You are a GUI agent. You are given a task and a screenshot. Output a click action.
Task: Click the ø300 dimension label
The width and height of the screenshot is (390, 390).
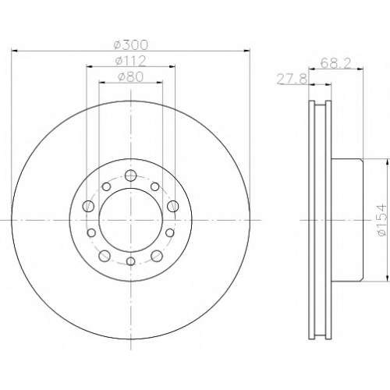pyautogui.click(x=131, y=44)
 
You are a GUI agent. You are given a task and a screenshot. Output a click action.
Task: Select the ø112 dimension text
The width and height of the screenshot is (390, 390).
pyautogui.click(x=131, y=62)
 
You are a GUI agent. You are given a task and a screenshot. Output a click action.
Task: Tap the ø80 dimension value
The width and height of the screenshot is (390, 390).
pyautogui.click(x=131, y=77)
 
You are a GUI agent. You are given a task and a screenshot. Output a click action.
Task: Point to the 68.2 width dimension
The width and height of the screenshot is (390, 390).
pyautogui.click(x=335, y=63)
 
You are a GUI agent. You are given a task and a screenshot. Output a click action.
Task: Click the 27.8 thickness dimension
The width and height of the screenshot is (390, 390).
pyautogui.click(x=292, y=79)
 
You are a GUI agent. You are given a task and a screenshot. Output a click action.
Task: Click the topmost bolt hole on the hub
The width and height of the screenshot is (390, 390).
pyautogui.click(x=130, y=175)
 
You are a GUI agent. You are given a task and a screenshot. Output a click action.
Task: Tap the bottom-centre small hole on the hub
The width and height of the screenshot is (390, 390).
pyautogui.click(x=131, y=261)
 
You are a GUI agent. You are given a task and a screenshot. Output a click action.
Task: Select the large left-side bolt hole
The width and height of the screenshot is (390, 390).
pyautogui.click(x=88, y=207)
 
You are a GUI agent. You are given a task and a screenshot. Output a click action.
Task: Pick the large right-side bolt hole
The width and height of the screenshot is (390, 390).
pyautogui.click(x=173, y=207)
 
